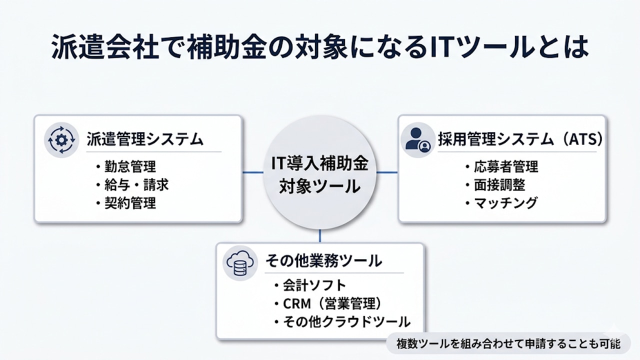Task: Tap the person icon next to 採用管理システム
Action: (x=417, y=139)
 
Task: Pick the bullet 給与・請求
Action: (x=132, y=185)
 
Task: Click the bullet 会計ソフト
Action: (x=309, y=285)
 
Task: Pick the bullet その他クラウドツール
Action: (x=341, y=321)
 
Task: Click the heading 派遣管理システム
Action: (x=145, y=138)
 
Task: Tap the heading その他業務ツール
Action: (x=323, y=260)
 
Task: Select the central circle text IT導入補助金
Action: (x=319, y=163)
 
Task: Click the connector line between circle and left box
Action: (x=253, y=172)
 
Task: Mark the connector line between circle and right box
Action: (x=386, y=172)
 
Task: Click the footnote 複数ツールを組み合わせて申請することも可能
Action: (x=508, y=344)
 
